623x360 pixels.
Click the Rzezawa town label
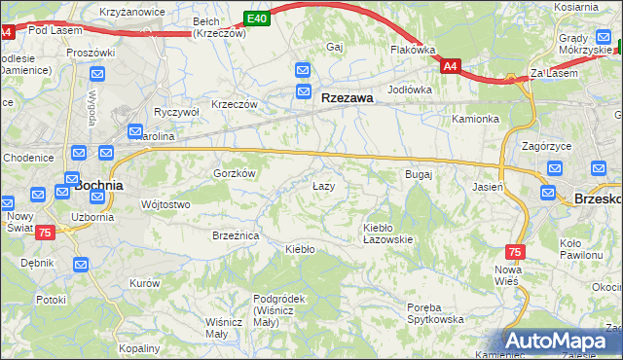348,97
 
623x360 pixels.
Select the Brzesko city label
597,198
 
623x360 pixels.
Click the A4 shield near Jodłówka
450,66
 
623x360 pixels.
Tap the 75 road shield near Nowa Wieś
515,251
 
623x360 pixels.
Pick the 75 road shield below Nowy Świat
45,234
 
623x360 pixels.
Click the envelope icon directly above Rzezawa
303,70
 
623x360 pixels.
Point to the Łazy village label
323,185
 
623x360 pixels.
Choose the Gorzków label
235,173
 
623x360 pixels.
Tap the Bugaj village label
418,174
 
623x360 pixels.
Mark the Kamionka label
475,119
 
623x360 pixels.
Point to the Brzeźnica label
235,235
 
